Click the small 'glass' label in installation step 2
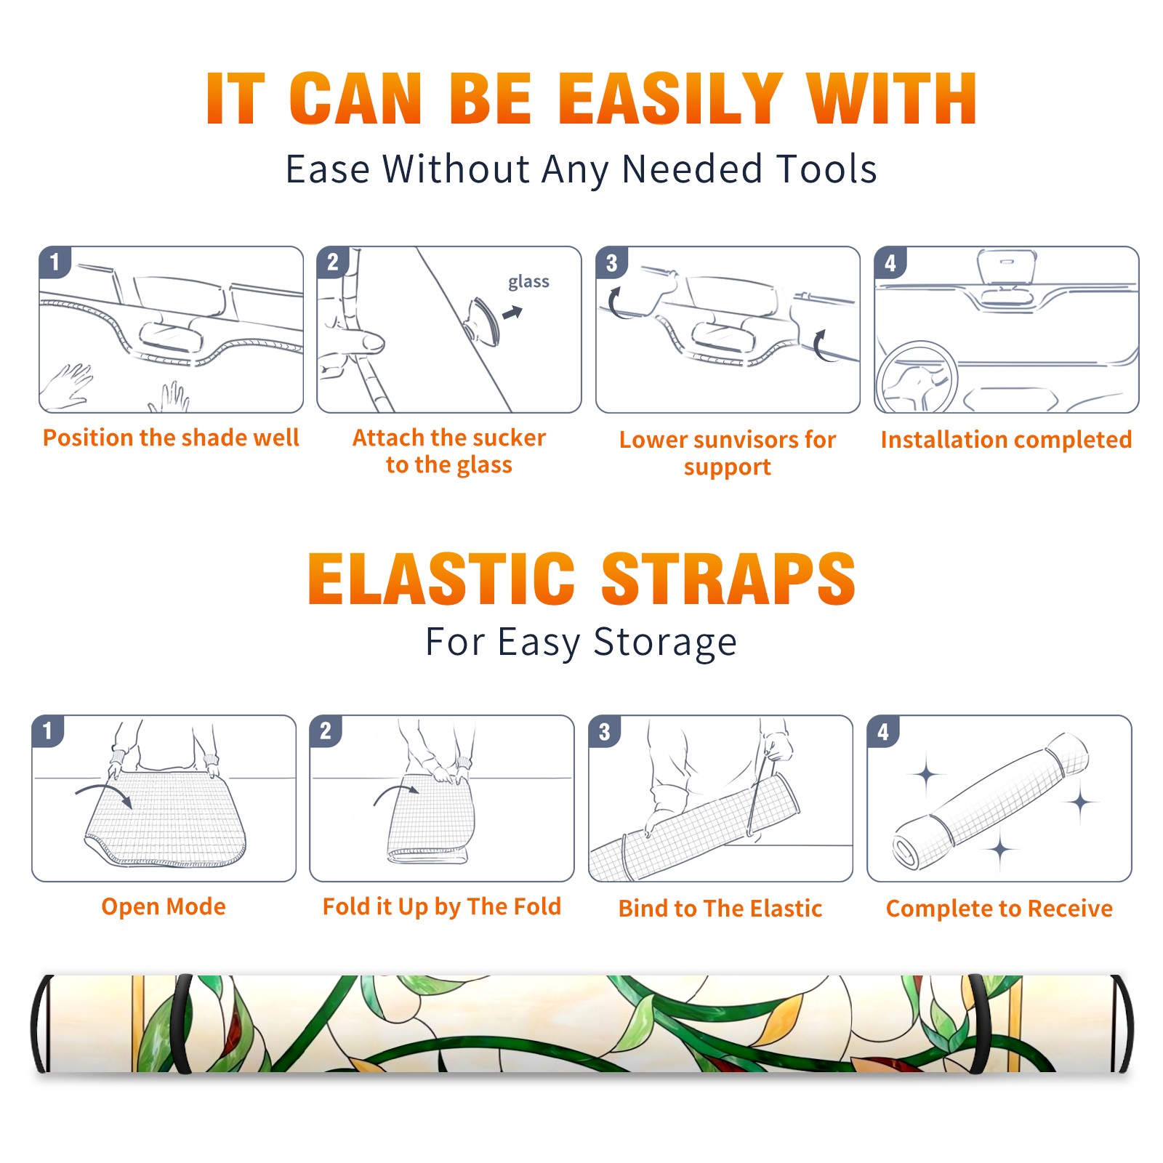[x=528, y=281]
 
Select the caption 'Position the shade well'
[x=171, y=438]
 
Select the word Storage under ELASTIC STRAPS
[x=665, y=643]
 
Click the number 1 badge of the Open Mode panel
[x=48, y=731]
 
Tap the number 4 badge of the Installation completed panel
[x=890, y=262]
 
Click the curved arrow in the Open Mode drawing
[x=104, y=794]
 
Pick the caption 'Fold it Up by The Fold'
[x=442, y=906]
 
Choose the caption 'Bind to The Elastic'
[x=720, y=908]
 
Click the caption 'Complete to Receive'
[x=999, y=908]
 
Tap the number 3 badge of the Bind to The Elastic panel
[x=605, y=731]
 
